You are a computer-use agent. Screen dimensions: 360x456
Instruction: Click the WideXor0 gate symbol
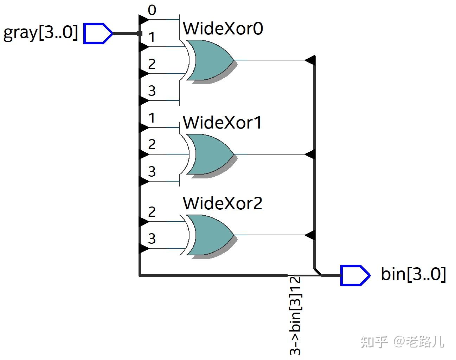210,60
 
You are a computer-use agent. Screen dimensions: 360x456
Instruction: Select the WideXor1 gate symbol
210,154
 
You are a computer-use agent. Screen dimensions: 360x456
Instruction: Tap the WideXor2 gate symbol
210,235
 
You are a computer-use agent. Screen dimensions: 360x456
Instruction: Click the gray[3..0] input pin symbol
98,33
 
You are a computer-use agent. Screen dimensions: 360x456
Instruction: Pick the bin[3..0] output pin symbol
355,275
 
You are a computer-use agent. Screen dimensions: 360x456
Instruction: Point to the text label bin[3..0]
413,274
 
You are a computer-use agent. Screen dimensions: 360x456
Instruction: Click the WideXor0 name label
223,29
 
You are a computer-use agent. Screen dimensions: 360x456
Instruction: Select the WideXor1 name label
222,123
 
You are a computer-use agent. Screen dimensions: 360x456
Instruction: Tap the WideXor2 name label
222,203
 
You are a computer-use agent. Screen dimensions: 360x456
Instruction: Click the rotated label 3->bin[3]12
295,315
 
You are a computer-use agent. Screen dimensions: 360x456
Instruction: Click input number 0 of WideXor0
152,11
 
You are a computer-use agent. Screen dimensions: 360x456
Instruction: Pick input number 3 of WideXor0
152,91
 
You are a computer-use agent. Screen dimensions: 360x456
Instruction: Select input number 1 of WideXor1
152,118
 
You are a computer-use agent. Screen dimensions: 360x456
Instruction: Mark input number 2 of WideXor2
152,212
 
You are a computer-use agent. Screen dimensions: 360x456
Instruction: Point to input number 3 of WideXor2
152,239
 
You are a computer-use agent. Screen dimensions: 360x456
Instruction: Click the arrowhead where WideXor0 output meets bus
310,60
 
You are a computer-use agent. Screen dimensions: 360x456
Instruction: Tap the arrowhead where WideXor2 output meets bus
310,235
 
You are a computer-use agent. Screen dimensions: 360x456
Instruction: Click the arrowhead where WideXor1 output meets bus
310,154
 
